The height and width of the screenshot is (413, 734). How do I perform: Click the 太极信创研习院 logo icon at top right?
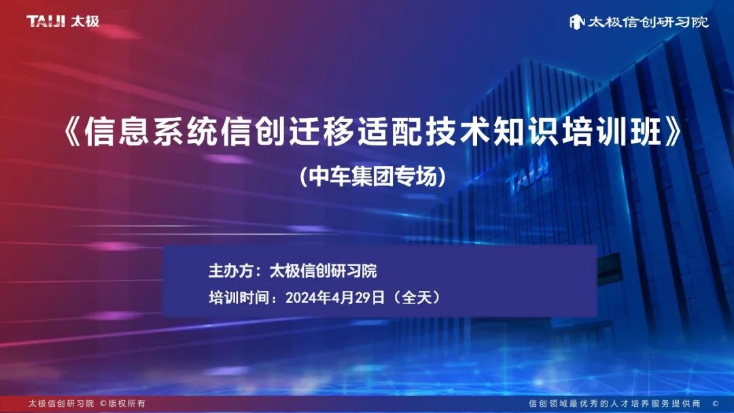pyautogui.click(x=577, y=21)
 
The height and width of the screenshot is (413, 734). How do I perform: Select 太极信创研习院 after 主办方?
pyautogui.click(x=324, y=271)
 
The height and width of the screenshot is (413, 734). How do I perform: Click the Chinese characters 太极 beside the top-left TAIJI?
pyautogui.click(x=85, y=21)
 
